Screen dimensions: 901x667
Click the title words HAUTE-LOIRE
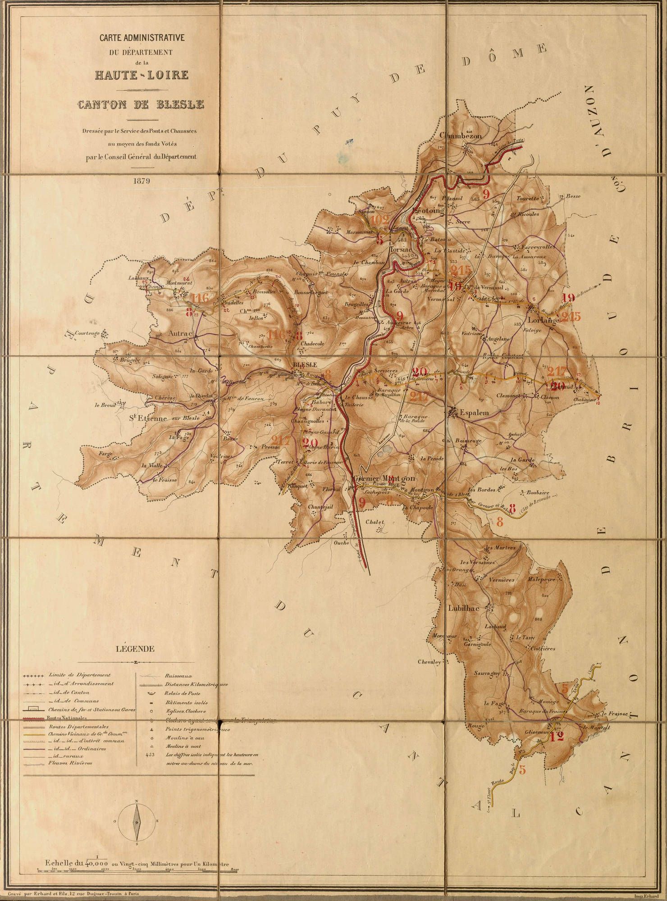point(142,75)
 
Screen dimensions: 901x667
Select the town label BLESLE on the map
point(305,364)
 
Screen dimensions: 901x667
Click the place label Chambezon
point(461,135)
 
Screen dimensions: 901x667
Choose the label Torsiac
point(401,249)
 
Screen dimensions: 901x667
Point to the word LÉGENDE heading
point(136,649)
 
